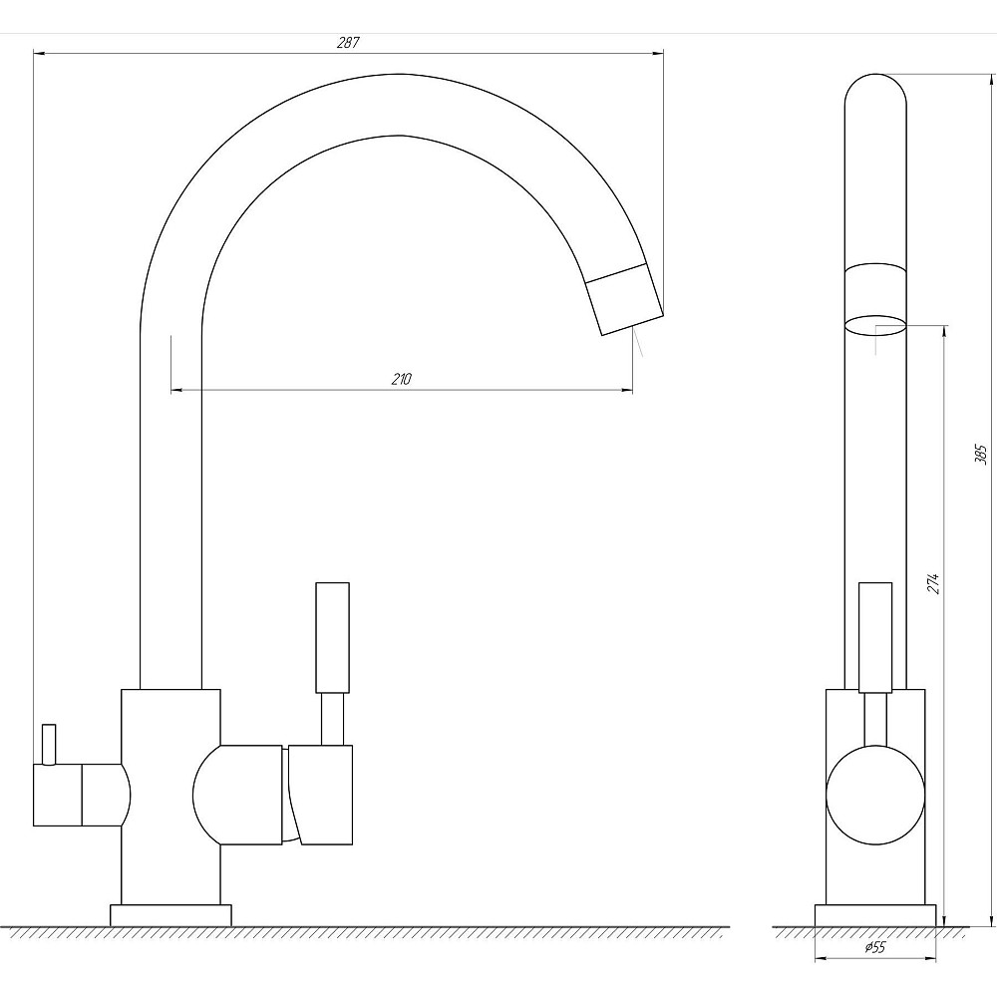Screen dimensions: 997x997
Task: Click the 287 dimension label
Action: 348,43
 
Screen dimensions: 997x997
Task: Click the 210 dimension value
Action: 401,379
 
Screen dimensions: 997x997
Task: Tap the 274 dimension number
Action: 933,583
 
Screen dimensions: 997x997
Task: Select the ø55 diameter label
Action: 875,947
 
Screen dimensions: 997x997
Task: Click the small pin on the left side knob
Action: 48,744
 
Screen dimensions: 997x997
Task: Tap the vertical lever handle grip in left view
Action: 333,637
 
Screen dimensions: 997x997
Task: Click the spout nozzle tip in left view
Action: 624,298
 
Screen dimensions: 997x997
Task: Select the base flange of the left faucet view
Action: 170,915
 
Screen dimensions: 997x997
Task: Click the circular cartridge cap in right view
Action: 875,796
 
